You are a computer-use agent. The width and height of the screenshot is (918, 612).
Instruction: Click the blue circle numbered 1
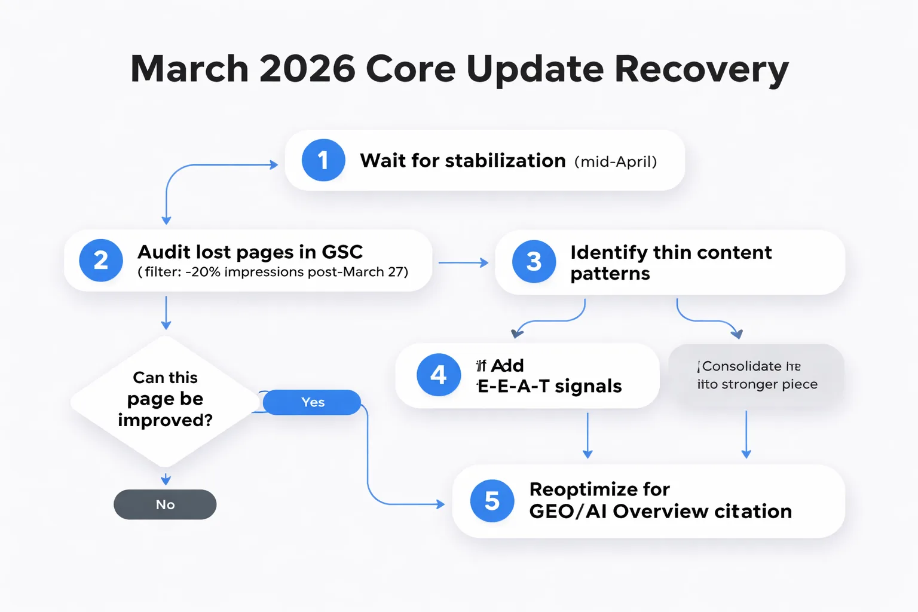[323, 160]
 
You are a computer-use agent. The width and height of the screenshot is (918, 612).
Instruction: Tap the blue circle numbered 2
[101, 261]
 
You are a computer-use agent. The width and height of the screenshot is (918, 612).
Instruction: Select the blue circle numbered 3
[534, 262]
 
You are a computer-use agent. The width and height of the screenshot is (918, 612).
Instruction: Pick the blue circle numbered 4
[439, 375]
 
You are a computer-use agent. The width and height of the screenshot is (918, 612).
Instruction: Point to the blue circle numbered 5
[492, 501]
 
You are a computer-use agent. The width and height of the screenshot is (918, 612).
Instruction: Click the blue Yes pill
[312, 402]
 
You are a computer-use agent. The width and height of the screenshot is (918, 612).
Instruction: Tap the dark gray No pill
[165, 504]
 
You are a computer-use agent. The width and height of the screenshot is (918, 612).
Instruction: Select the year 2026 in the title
[307, 69]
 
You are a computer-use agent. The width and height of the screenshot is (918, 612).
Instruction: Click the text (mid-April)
[616, 162]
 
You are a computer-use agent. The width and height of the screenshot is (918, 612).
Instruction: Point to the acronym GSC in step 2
[342, 252]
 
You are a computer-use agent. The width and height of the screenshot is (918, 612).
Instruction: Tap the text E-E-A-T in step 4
[513, 387]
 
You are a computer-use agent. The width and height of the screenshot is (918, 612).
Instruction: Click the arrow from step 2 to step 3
[463, 262]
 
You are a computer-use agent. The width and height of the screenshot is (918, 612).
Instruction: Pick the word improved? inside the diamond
[165, 420]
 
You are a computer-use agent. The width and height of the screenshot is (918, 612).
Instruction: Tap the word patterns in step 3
[610, 274]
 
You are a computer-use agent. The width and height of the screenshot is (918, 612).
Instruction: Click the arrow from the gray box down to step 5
[746, 434]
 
